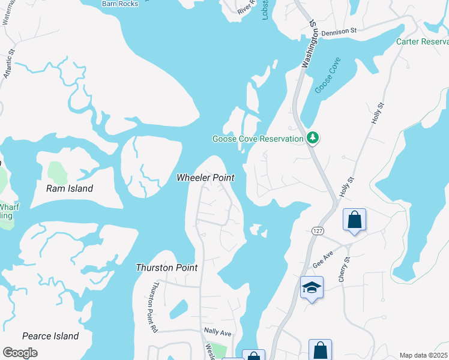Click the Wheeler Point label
205,178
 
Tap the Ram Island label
70,188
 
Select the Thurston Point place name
166,268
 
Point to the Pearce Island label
50,336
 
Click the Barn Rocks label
120,4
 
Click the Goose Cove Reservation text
258,139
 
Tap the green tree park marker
312,138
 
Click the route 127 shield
318,230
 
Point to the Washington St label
310,45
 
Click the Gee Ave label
323,260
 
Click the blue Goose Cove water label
327,75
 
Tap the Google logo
20,353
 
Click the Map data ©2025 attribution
424,355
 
